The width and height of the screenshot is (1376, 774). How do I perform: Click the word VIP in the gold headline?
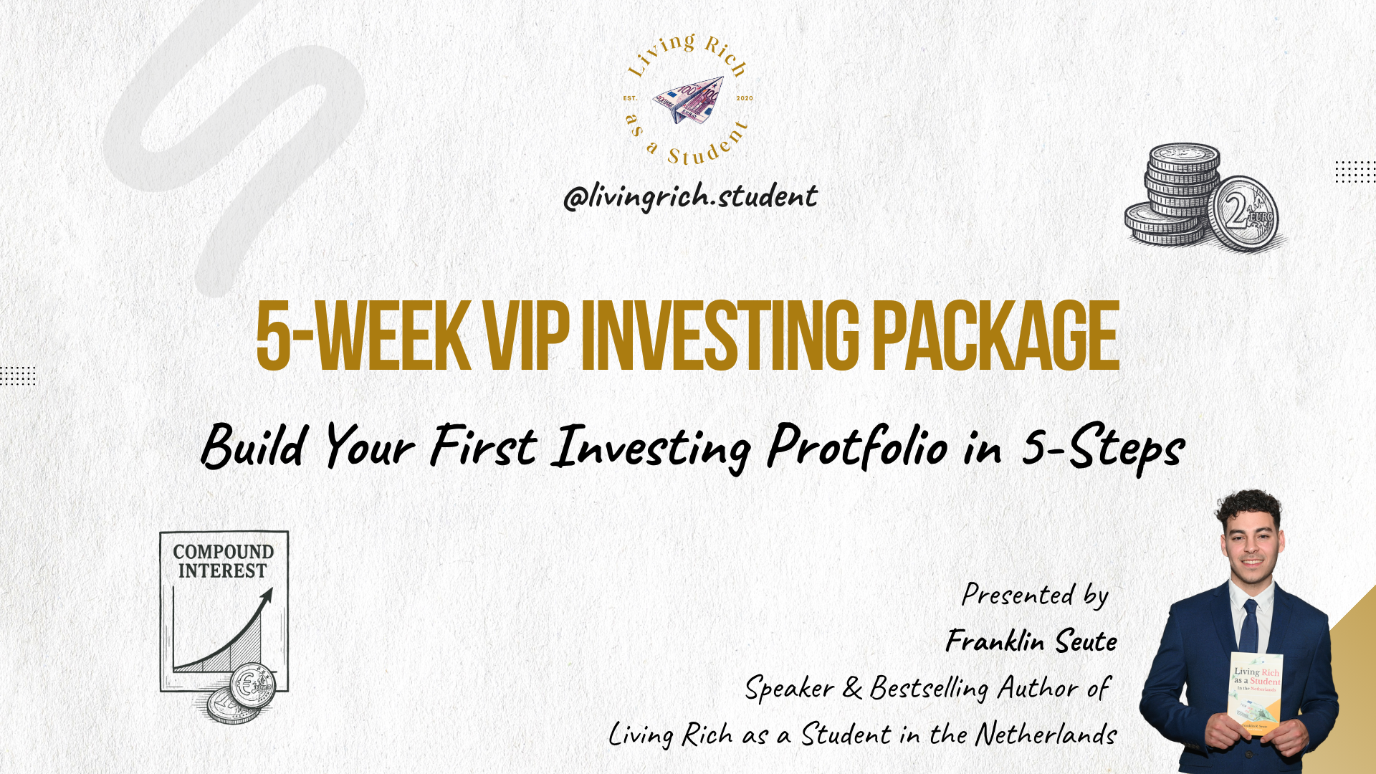tap(527, 335)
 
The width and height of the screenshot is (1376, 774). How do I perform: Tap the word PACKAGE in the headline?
tap(995, 335)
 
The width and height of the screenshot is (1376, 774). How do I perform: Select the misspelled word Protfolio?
tap(858, 446)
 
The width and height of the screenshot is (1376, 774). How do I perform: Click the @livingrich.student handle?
tap(690, 196)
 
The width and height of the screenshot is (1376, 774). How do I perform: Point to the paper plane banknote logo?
tap(688, 100)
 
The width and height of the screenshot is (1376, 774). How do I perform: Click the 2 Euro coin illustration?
tap(1243, 214)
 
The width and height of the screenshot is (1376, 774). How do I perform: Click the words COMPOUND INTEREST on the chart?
tap(223, 561)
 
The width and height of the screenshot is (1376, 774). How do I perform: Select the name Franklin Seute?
tap(1031, 641)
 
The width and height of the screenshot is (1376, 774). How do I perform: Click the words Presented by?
tap(1035, 595)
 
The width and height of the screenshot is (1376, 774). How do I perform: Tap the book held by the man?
tap(1256, 694)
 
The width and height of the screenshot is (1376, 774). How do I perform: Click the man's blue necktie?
tap(1248, 626)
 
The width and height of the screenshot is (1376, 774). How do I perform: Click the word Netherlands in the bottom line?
tap(1046, 734)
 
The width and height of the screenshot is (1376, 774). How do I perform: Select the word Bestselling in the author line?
tap(929, 688)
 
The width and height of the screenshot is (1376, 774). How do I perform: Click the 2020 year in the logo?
tap(745, 98)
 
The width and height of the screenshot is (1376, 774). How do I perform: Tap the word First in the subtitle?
tap(483, 446)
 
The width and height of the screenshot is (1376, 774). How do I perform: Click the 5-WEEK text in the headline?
tap(363, 335)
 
